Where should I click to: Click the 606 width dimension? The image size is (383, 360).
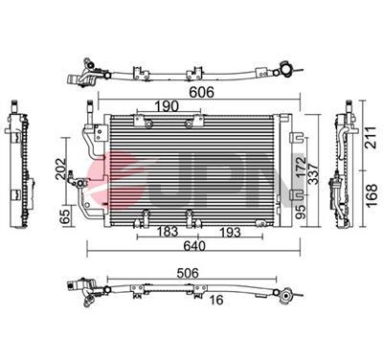coord(201,92)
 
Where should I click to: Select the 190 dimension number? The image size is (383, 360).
coord(167,106)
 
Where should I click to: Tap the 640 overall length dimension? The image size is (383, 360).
coord(194,246)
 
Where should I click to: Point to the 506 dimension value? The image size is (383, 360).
coord(187,273)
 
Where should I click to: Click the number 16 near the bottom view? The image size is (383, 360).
coord(216,300)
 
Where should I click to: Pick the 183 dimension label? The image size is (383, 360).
coord(167,232)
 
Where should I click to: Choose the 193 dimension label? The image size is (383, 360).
coord(230,232)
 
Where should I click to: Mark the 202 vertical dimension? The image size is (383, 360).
coord(61,169)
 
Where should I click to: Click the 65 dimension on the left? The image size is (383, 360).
coord(65,216)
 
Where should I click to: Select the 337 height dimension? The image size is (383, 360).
coord(313,173)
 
